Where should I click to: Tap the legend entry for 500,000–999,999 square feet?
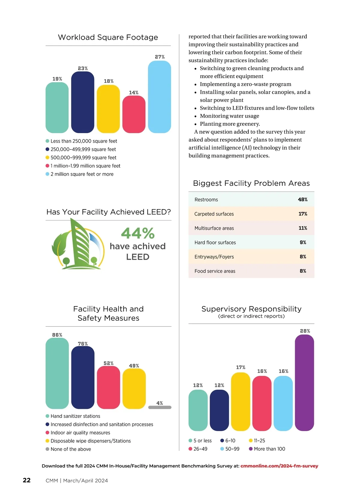[x=83, y=158]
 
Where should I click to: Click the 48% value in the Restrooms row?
[x=303, y=200]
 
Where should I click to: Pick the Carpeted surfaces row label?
[x=214, y=214]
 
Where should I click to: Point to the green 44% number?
[x=138, y=233]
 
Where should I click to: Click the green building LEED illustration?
[x=78, y=245]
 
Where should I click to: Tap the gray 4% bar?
[x=160, y=407]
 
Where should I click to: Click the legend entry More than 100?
[x=269, y=449]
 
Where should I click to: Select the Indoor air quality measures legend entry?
[x=80, y=433]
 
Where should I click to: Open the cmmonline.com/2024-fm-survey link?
[x=279, y=466]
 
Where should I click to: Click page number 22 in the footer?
[x=27, y=480]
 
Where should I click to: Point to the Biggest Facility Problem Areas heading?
[x=251, y=183]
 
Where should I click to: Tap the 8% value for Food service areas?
[x=303, y=271]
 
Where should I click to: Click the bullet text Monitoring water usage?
[x=229, y=116]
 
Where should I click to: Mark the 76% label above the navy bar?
[x=83, y=344]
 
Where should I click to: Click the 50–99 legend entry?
[x=232, y=449]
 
